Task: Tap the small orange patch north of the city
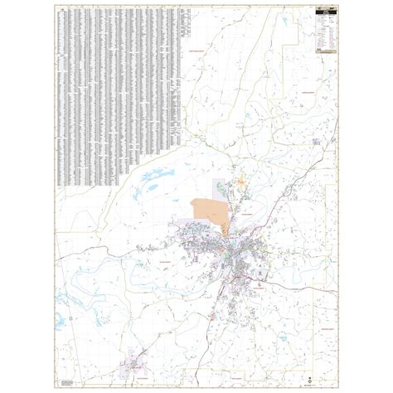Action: pos(241,178)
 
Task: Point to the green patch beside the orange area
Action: pos(218,186)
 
